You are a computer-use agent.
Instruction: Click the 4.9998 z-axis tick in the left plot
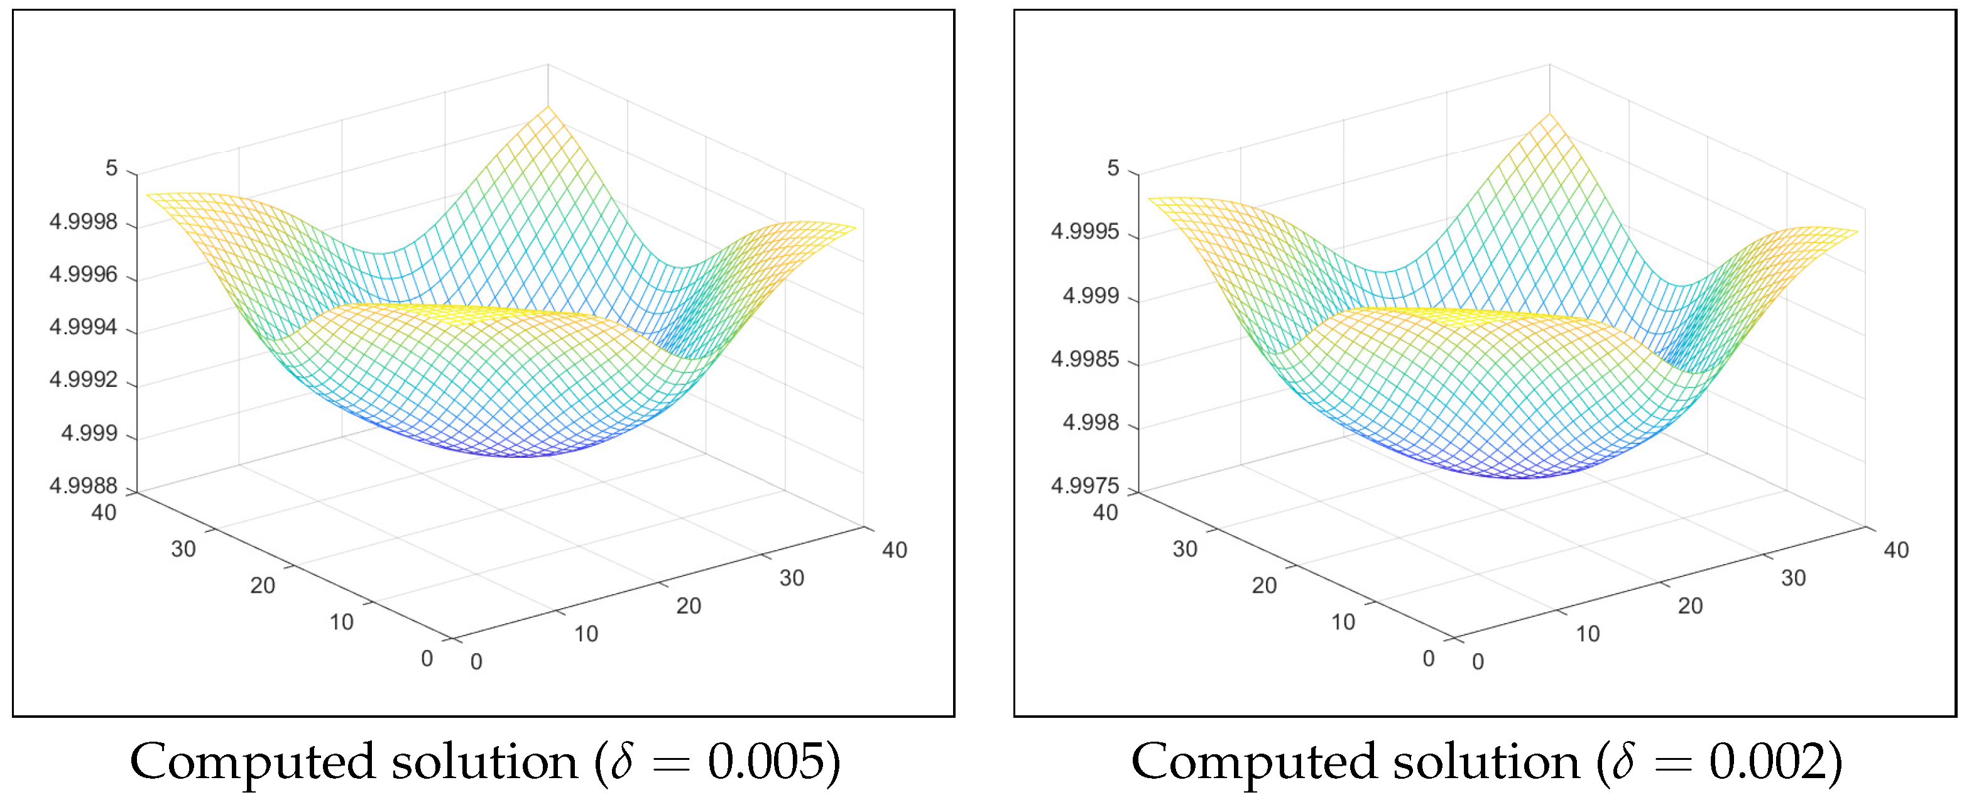(84, 222)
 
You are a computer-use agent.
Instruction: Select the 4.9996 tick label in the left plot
(84, 274)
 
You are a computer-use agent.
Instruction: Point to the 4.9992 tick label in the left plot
(84, 380)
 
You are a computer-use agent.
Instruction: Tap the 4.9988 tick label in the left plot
(84, 485)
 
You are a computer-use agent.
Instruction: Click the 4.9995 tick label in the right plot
(1084, 231)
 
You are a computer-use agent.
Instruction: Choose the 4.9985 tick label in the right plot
(1084, 359)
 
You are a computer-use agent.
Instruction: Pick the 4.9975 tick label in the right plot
(1084, 485)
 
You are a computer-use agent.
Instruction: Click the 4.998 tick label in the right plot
(1091, 422)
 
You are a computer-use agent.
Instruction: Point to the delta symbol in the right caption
(1623, 762)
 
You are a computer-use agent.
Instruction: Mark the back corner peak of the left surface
(548, 108)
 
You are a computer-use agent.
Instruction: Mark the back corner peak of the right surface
(1549, 115)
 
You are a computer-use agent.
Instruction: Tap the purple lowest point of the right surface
(1521, 477)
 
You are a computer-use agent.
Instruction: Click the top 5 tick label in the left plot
(112, 168)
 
